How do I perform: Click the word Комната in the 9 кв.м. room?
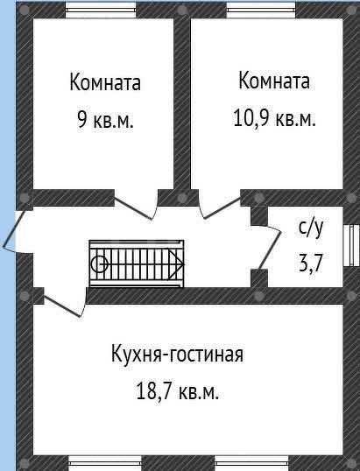pyautogui.click(x=105, y=81)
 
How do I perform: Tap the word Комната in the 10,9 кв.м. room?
pyautogui.click(x=274, y=81)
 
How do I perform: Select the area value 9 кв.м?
pyautogui.click(x=105, y=119)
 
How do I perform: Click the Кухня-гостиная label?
pyautogui.click(x=177, y=355)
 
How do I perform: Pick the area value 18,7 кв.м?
pyautogui.click(x=177, y=391)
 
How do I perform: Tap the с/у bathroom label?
pyautogui.click(x=311, y=228)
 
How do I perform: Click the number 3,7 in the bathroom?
pyautogui.click(x=311, y=264)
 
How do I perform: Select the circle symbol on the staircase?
pyautogui.click(x=100, y=264)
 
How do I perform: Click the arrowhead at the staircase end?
pyautogui.click(x=177, y=264)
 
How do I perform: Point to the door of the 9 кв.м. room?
pyautogui.click(x=134, y=208)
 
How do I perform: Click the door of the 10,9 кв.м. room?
pyautogui.click(x=222, y=207)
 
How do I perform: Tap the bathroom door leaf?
pyautogui.click(x=270, y=250)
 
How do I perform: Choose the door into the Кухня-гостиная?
pyautogui.click(x=62, y=306)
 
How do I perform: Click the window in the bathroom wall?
pyautogui.click(x=351, y=245)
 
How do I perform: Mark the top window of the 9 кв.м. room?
pyautogui.click(x=101, y=8)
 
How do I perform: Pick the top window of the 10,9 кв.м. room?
pyautogui.click(x=261, y=8)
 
